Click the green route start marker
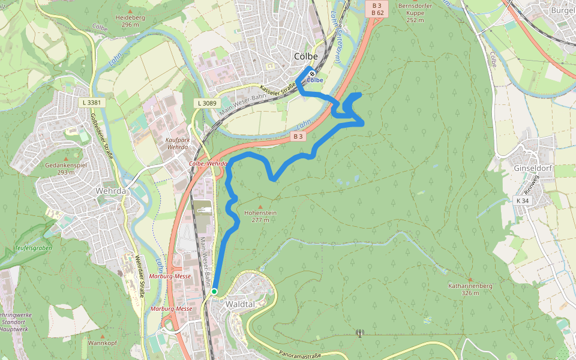(214, 292)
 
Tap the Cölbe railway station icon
(312, 74)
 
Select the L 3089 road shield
(206, 103)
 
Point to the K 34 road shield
(523, 200)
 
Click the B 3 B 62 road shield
(377, 8)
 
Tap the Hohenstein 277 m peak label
(260, 216)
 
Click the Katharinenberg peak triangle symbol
(470, 280)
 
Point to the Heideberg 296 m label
(130, 21)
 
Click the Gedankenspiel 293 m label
(65, 169)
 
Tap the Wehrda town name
(110, 191)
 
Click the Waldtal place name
(240, 304)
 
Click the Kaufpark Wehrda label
(177, 143)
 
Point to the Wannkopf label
(101, 344)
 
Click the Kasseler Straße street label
(278, 89)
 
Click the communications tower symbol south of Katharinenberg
(360, 333)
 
